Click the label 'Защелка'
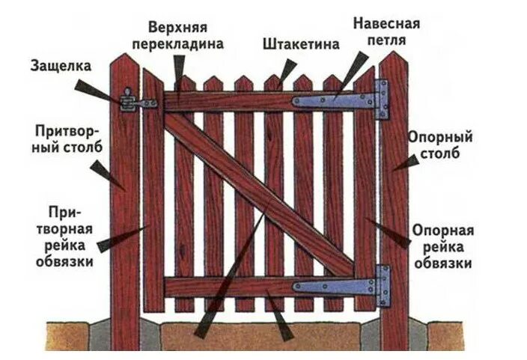[61, 66]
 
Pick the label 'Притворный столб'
[62, 139]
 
